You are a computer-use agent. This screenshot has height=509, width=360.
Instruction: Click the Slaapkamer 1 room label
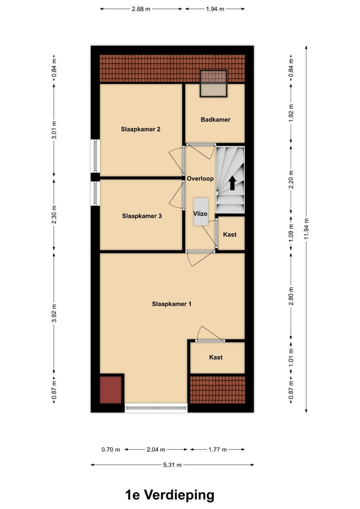[x=171, y=304]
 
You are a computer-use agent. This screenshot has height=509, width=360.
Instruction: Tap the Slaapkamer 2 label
[x=141, y=129]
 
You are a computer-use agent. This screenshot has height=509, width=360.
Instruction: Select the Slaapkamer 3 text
[x=142, y=216]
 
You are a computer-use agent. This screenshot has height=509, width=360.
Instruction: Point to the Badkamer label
[x=215, y=120]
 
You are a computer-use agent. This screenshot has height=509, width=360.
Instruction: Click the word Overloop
[x=200, y=179]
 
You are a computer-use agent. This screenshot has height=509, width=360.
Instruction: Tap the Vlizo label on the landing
[x=200, y=214]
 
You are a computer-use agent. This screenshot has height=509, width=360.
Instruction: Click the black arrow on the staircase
[x=232, y=183]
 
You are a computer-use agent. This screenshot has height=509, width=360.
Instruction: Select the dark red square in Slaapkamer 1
[x=111, y=390]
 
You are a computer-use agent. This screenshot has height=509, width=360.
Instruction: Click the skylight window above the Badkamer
[x=213, y=84]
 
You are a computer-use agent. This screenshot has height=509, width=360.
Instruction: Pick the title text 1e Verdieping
[x=170, y=495]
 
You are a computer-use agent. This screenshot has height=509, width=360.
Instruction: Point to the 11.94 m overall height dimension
[x=306, y=229]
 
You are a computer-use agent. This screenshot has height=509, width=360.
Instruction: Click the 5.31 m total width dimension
[x=172, y=465]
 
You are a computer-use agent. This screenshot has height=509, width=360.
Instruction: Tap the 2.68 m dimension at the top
[x=141, y=8]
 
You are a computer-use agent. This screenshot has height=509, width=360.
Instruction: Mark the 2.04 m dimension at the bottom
[x=156, y=450]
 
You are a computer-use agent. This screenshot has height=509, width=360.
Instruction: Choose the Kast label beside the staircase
[x=230, y=234]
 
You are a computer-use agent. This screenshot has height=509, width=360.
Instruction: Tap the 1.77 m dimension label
[x=217, y=450]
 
